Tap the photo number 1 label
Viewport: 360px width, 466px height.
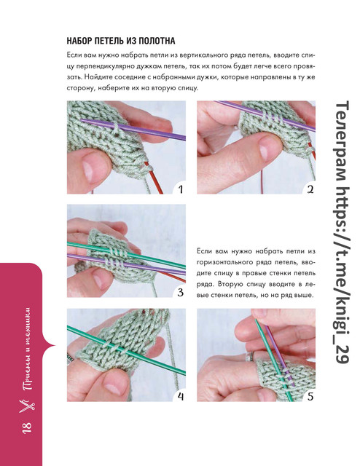point(180,189)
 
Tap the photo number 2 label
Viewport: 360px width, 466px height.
point(310,189)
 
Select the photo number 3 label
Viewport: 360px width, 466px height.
point(180,293)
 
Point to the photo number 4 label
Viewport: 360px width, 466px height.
point(181,396)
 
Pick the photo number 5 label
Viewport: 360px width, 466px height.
point(310,396)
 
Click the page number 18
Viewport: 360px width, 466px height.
point(26,428)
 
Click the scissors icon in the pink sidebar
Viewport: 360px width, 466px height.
point(27,406)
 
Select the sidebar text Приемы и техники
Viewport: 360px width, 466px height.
point(27,347)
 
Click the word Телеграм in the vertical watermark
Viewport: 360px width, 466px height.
point(341,142)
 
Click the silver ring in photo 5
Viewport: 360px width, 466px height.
point(250,356)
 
